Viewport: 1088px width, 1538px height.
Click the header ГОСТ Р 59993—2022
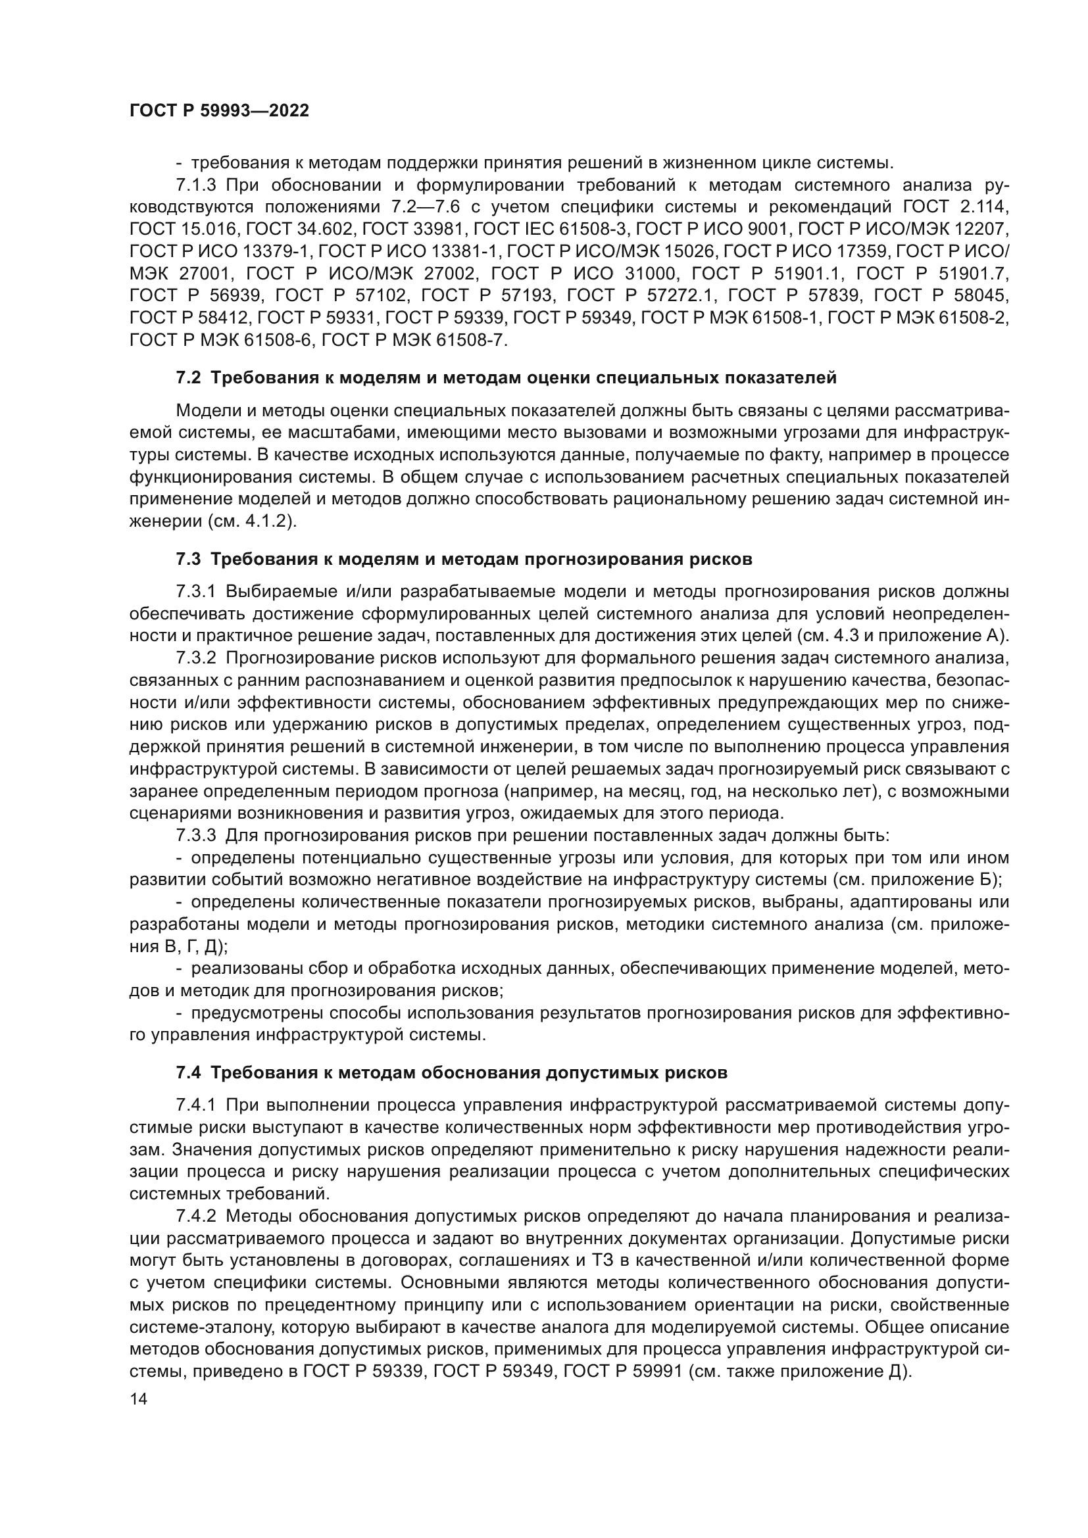tap(219, 111)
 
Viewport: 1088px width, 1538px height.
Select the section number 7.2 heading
tap(188, 378)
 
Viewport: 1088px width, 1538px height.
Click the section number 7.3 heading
tap(188, 559)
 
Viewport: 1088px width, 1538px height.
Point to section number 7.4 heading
tap(188, 1072)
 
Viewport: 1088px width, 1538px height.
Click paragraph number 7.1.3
tap(196, 185)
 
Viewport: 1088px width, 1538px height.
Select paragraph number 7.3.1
tap(196, 592)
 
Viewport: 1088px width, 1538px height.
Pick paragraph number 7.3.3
tap(196, 835)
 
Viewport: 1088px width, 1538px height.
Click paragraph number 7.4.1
tap(196, 1105)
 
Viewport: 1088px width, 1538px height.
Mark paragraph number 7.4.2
tap(196, 1216)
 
